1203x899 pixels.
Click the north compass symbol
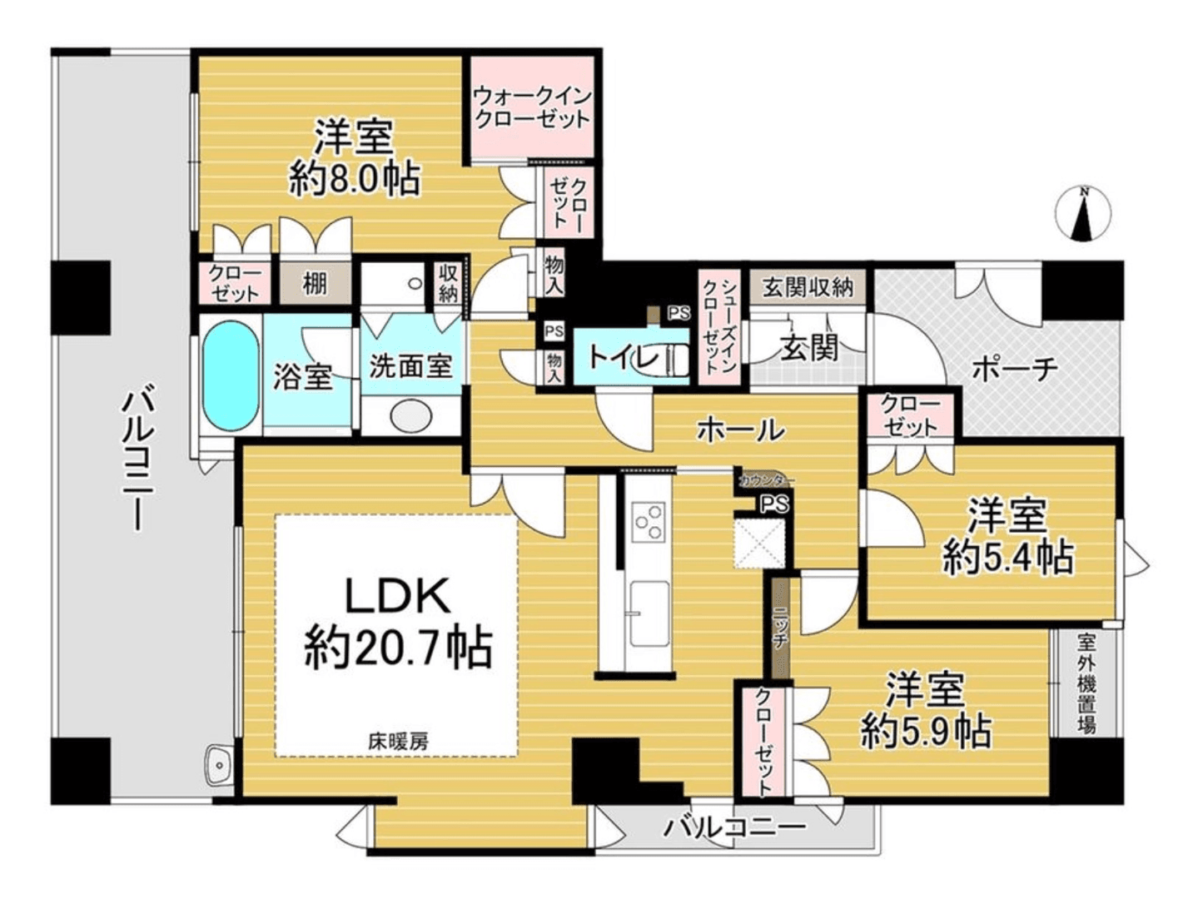click(x=1083, y=215)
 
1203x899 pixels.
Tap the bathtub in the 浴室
click(x=230, y=375)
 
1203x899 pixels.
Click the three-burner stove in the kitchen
click(x=649, y=523)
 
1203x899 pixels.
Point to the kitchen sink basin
click(x=649, y=613)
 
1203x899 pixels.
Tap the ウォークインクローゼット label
click(x=531, y=107)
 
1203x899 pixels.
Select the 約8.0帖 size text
click(x=354, y=178)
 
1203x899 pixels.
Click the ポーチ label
click(x=1014, y=368)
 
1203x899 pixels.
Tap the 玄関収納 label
click(x=808, y=288)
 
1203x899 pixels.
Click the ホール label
click(x=740, y=430)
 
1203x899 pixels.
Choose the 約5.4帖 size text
click(x=1007, y=557)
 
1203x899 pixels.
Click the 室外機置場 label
click(x=1086, y=683)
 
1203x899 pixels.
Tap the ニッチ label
click(x=779, y=628)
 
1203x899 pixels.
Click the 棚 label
click(x=314, y=285)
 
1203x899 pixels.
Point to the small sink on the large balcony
click(x=218, y=762)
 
